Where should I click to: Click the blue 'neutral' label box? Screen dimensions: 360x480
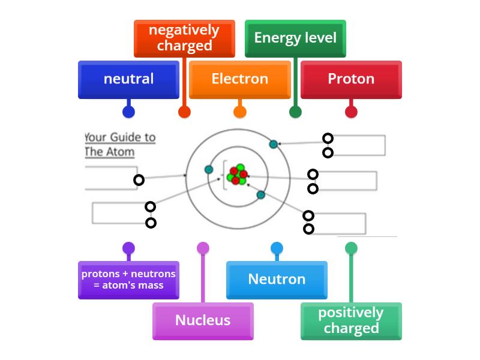pyautogui.click(x=128, y=79)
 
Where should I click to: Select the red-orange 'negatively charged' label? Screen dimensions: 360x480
pyautogui.click(x=184, y=38)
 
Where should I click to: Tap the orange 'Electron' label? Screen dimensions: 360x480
pyautogui.click(x=239, y=79)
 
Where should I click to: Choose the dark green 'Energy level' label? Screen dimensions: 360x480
pyautogui.click(x=295, y=38)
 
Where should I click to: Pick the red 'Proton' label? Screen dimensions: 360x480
pyautogui.click(x=351, y=79)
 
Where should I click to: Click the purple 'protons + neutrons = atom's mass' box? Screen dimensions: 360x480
pyautogui.click(x=128, y=280)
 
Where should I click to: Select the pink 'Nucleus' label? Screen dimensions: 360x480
pyautogui.click(x=203, y=320)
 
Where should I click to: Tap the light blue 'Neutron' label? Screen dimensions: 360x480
pyautogui.click(x=277, y=280)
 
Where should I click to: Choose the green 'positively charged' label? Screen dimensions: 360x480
pyautogui.click(x=351, y=320)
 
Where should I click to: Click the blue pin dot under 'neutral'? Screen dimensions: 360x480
pyautogui.click(x=128, y=112)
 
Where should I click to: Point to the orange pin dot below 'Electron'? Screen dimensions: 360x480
pyautogui.click(x=240, y=112)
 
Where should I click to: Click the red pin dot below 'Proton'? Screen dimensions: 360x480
pyautogui.click(x=351, y=112)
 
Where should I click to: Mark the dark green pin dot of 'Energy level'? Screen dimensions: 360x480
pyautogui.click(x=295, y=112)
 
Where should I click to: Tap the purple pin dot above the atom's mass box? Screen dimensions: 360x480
pyautogui.click(x=128, y=248)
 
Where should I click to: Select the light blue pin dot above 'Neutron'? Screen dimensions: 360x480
pyautogui.click(x=277, y=248)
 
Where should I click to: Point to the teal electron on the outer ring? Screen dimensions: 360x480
pyautogui.click(x=274, y=144)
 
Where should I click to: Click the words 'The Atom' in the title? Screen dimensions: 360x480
pyautogui.click(x=110, y=152)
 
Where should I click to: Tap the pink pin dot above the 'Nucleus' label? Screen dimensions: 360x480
pyautogui.click(x=203, y=248)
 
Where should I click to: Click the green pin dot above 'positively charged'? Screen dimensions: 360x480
pyautogui.click(x=351, y=248)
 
